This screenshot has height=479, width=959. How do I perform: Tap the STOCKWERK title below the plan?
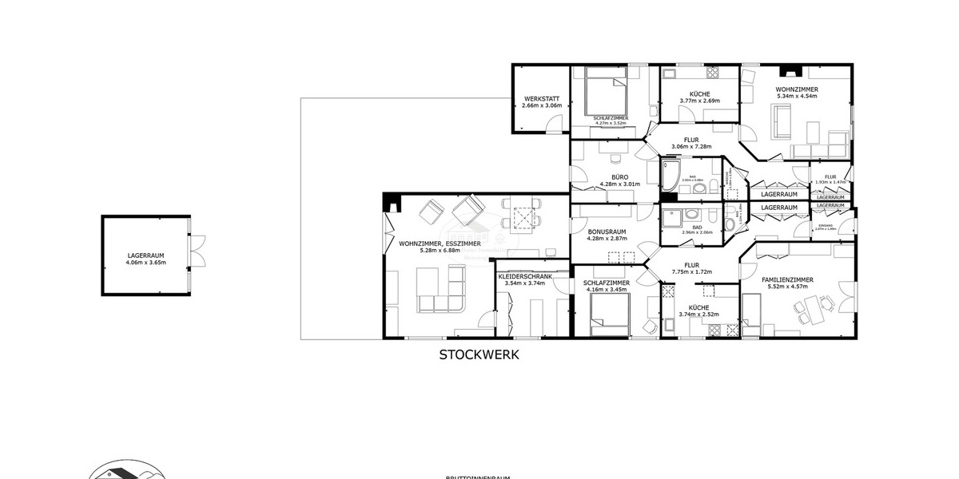pos(479,355)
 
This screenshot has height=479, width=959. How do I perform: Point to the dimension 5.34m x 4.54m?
pos(797,97)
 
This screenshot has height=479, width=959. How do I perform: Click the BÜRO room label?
pos(619,177)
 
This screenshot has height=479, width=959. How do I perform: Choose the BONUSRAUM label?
pos(606,232)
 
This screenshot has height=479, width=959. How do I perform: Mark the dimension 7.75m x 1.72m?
pos(691,272)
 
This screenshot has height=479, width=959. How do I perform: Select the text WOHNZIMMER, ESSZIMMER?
pos(440,243)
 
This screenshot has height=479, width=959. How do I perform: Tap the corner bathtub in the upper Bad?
pos(670,172)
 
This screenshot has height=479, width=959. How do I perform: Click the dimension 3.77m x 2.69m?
pos(699,101)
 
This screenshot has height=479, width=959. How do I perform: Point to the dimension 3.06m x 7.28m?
pos(691,147)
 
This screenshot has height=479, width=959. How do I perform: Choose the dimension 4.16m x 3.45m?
pos(606,290)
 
